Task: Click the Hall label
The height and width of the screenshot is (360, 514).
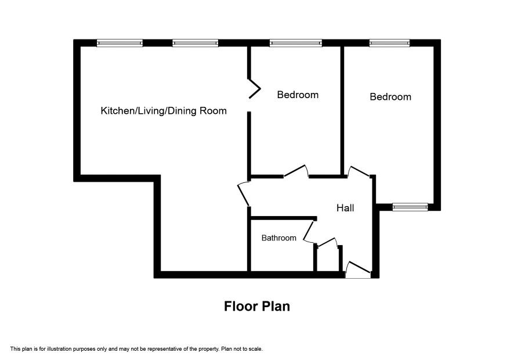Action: click(345, 208)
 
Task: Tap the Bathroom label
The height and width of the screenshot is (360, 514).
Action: click(278, 238)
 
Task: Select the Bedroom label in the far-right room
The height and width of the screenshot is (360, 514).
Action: click(390, 97)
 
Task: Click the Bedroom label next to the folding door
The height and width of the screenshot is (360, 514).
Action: click(298, 95)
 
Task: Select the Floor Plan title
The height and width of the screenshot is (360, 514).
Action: click(257, 306)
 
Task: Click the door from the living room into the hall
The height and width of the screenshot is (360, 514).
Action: click(243, 195)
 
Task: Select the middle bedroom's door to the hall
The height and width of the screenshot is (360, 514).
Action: click(296, 171)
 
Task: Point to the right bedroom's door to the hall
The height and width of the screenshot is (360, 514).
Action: click(359, 171)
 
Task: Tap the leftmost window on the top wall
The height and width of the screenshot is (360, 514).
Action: click(120, 43)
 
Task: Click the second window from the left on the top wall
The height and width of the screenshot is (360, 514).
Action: click(195, 43)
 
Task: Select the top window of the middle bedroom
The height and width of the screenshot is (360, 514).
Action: click(296, 43)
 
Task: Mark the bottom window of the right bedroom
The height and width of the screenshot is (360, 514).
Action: click(410, 207)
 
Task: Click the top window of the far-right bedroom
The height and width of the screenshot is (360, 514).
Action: click(389, 43)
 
